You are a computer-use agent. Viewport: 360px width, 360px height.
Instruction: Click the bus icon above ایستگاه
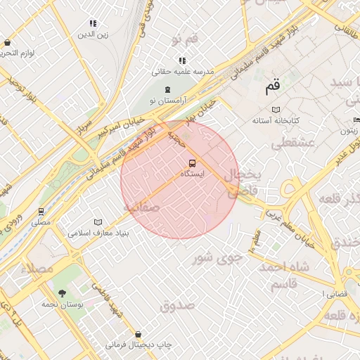coord(193,163)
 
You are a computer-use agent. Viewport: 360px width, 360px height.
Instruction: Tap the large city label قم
coord(272,88)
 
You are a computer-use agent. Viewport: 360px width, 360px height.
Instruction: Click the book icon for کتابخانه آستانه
coord(276,110)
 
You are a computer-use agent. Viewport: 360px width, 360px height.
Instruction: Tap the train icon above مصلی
coord(41,211)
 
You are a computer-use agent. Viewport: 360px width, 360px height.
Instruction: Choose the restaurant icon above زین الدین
coord(94,23)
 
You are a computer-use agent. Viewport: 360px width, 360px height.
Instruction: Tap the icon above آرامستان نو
coord(167,89)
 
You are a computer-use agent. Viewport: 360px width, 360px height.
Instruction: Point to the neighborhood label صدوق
coord(176,305)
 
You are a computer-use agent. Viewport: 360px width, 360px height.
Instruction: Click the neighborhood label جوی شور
coord(218,257)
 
